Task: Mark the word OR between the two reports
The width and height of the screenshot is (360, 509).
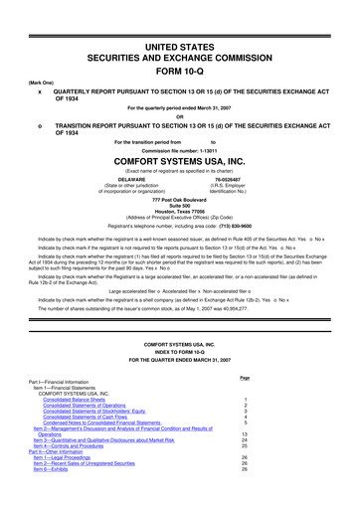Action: tap(179, 111)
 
